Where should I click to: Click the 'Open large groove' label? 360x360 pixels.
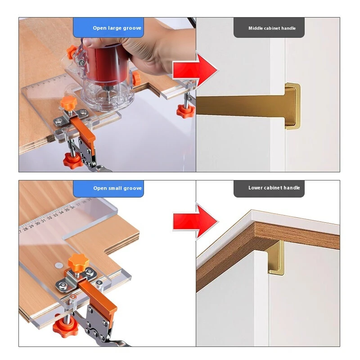tap(117, 28)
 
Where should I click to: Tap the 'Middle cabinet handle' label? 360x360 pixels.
tap(272, 28)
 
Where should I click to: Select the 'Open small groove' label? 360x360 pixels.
tap(117, 188)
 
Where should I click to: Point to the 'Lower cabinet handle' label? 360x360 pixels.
tap(274, 188)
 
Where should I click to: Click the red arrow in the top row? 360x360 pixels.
tap(196, 70)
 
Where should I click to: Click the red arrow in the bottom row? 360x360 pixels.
tap(196, 221)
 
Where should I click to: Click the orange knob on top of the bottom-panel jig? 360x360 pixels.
tap(78, 262)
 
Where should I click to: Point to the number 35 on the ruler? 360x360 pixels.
tap(67, 210)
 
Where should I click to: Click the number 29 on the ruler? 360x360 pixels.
tap(31, 226)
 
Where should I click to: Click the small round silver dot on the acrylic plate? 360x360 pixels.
tap(59, 265)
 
